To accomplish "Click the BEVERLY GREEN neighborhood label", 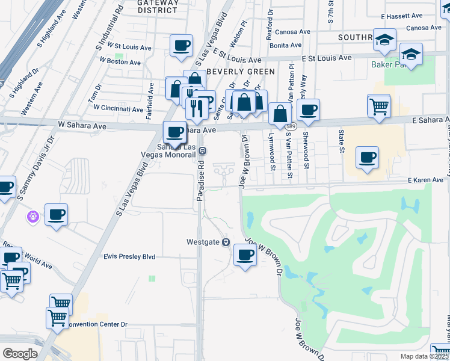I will (240, 72).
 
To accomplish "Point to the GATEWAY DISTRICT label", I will (158, 6).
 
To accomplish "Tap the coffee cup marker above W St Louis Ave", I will (181, 45).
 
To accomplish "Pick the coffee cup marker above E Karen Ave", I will (367, 158).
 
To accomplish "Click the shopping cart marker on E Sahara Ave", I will (379, 107).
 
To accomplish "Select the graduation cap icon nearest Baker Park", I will (411, 55).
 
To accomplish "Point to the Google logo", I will (20, 354).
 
